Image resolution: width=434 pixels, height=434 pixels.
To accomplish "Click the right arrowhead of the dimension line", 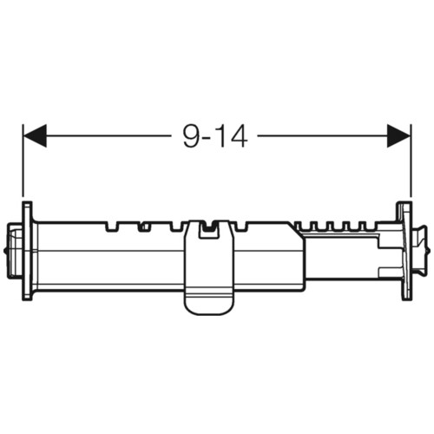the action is [x=399, y=135].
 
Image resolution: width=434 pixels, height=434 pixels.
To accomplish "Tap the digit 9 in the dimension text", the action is [x=193, y=136].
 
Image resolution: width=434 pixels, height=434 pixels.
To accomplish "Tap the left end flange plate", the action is [x=27, y=251].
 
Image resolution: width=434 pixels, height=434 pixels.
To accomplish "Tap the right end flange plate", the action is [x=406, y=251].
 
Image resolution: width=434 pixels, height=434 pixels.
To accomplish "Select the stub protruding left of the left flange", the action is [x=15, y=251].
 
